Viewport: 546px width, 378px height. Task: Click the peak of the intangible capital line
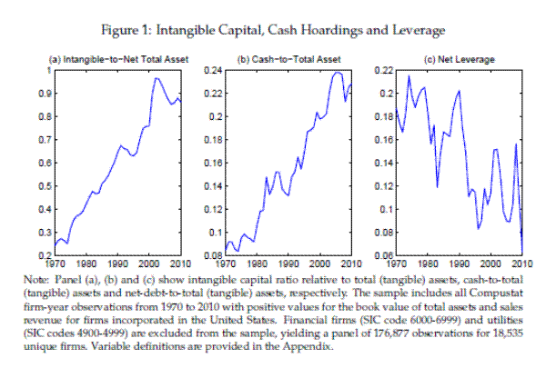click(156, 78)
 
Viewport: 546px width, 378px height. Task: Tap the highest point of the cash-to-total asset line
click(338, 72)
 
